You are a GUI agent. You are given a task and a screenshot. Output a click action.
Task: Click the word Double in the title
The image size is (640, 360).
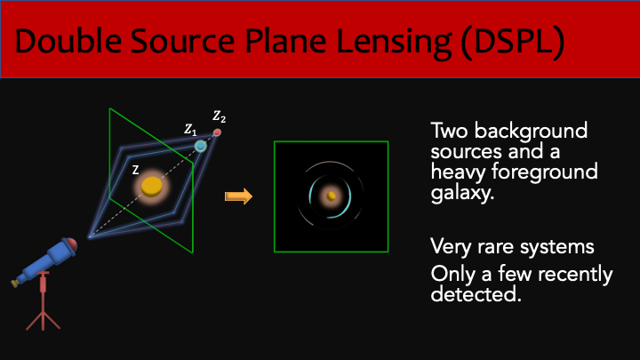click(68, 41)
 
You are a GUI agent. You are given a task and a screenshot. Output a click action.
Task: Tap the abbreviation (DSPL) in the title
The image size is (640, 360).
click(513, 42)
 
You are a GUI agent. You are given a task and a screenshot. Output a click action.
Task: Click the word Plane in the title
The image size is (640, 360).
click(285, 41)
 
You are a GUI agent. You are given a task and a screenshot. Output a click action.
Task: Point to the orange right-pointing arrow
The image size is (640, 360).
click(239, 196)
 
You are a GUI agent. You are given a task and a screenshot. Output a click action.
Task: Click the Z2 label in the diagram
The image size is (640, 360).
click(219, 116)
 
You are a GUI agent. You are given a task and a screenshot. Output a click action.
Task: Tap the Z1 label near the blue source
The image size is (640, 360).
click(190, 130)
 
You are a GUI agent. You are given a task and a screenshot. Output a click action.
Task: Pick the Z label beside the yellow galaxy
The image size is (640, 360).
click(135, 170)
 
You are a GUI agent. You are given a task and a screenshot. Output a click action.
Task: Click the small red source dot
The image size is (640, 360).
click(217, 132)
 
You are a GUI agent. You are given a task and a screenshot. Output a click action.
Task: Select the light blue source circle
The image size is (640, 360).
click(200, 146)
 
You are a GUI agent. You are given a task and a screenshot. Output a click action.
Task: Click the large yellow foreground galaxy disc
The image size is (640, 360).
click(152, 187)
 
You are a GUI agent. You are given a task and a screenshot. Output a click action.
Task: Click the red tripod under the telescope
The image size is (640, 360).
click(43, 300)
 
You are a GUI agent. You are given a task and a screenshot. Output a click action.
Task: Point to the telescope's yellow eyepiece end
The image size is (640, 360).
click(15, 283)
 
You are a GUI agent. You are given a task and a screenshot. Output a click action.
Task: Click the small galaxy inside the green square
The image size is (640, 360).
click(331, 196)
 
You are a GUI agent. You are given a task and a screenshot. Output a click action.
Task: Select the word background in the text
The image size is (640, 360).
click(531, 131)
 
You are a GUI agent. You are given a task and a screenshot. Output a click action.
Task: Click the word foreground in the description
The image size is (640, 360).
click(545, 172)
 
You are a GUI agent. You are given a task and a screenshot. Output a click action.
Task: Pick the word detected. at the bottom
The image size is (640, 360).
click(476, 293)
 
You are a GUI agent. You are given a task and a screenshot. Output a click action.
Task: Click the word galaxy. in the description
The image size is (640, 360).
click(462, 193)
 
